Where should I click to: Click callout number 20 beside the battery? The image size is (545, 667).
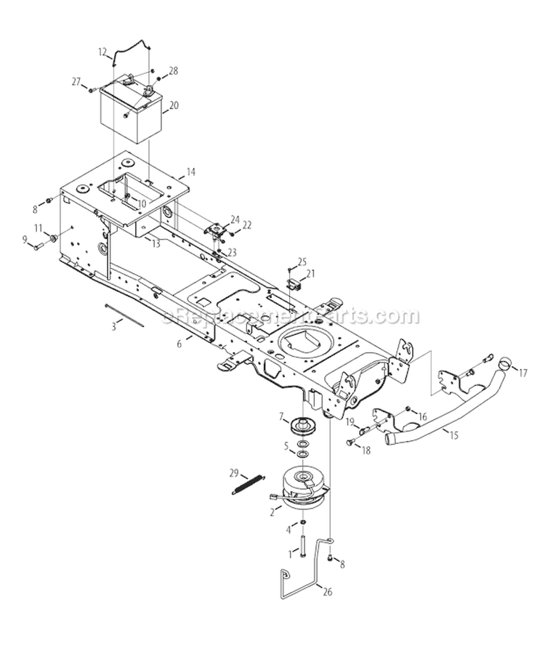click(x=173, y=105)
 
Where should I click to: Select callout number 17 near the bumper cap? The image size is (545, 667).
click(x=522, y=373)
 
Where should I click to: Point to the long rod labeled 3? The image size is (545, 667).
click(x=124, y=315)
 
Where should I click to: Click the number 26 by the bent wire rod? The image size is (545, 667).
click(x=327, y=591)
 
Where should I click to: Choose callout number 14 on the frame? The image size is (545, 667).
click(x=190, y=172)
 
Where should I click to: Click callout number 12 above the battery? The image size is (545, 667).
click(x=102, y=52)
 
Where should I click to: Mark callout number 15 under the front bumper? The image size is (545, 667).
click(x=453, y=436)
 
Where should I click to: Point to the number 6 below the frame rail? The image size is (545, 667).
click(x=179, y=344)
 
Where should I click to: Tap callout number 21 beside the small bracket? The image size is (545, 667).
click(x=310, y=273)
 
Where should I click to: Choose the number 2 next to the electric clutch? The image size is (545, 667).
click(x=272, y=513)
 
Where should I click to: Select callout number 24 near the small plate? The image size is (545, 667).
click(x=235, y=219)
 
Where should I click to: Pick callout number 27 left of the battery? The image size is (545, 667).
click(x=76, y=81)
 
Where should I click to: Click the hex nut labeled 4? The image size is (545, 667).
click(x=302, y=522)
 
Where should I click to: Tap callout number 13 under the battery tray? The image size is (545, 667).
click(x=156, y=244)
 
